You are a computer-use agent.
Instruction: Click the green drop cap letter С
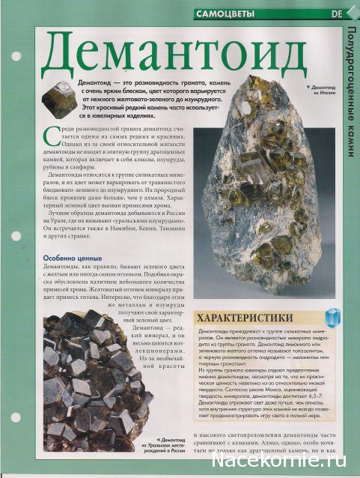pos(49,134)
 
